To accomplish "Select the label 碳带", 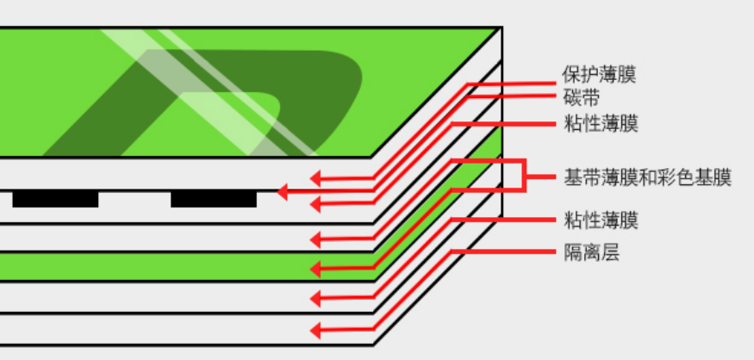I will coord(580,96).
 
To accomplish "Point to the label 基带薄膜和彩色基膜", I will coord(647,178).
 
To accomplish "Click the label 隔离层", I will coord(589,252).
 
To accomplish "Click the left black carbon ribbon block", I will coord(55,200).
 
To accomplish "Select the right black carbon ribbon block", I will coord(214,200).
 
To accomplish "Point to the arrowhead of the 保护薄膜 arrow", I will coord(315,179).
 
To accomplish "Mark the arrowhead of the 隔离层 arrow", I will coord(315,330).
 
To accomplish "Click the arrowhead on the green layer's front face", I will coord(315,269).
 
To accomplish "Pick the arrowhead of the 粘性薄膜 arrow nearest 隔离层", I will coord(315,299).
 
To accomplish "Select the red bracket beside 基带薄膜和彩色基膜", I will coord(523,175).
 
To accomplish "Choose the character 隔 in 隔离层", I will coord(571,252).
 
